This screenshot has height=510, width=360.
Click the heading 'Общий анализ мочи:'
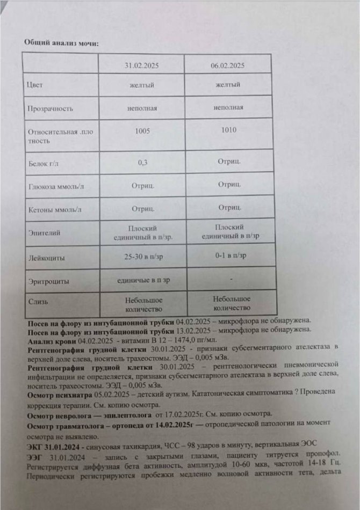coord(61,42)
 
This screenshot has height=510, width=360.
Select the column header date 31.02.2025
coord(141,66)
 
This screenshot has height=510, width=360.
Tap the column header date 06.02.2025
coord(228,66)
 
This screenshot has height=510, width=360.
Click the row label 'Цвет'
coord(34,85)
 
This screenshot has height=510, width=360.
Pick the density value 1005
coord(142,130)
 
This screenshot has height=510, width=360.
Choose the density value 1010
coord(228,130)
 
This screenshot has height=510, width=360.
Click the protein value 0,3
coord(142,162)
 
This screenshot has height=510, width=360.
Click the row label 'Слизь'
coord(37,302)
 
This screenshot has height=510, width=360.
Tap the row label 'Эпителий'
coord(44,234)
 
